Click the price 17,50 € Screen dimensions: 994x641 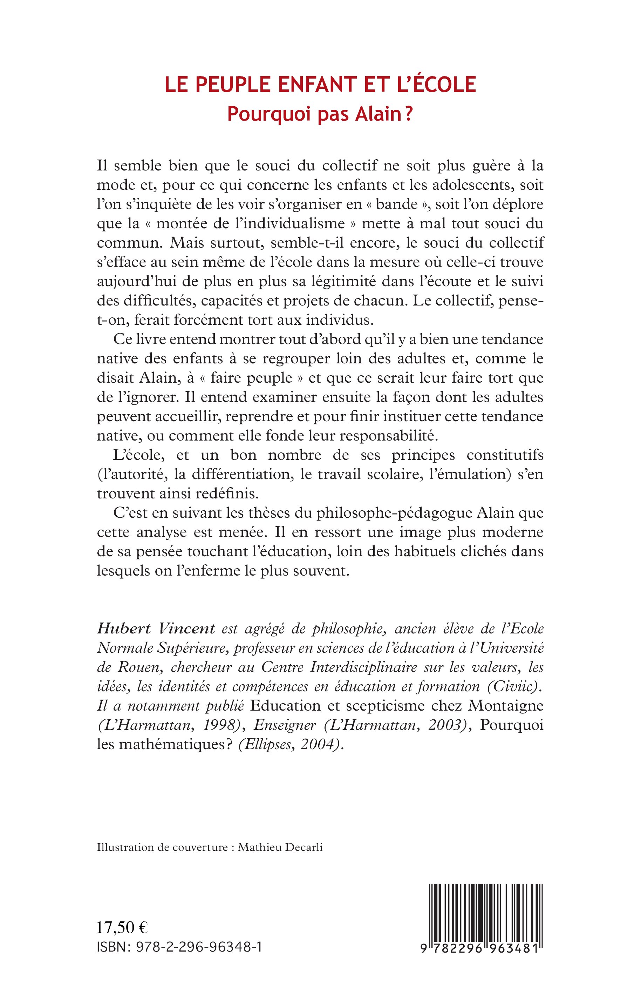tap(122, 928)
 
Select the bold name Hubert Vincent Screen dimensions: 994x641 tap(156, 629)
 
